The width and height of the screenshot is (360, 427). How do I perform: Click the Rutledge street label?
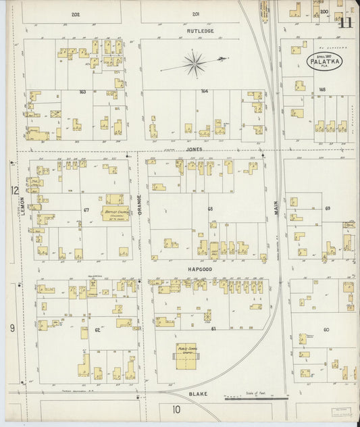point(200,30)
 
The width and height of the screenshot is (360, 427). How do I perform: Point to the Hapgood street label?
point(201,268)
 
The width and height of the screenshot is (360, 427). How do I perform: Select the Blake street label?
point(199,393)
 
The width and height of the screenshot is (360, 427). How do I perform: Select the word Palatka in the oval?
point(326,61)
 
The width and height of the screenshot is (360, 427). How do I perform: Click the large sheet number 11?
point(346,22)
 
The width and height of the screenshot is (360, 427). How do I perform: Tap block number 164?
point(203,90)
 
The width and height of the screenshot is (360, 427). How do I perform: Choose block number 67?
point(86,210)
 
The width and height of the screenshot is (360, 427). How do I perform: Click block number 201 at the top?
point(196,14)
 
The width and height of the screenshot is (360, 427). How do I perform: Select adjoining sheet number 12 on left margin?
point(14,191)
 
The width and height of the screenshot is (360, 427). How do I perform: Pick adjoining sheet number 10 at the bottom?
point(176,409)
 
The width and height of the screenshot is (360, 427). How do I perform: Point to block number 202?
point(75,14)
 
